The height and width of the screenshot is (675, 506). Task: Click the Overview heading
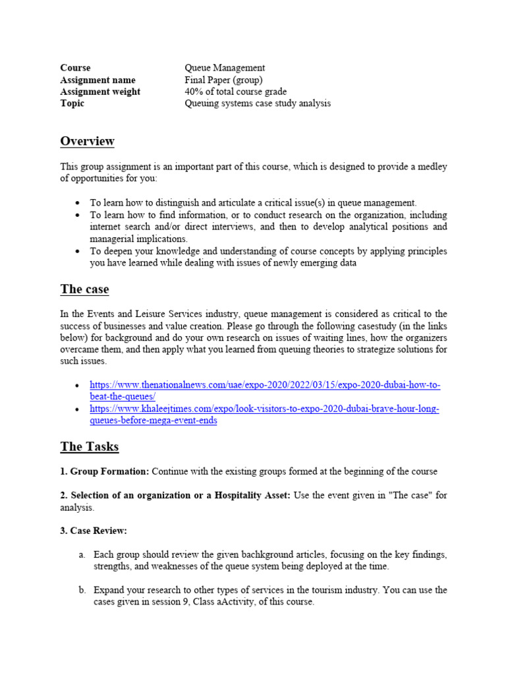pos(87,141)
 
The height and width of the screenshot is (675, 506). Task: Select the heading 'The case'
pos(84,289)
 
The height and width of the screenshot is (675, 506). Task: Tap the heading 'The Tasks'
pos(89,446)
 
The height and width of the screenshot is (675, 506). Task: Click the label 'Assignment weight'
pos(100,92)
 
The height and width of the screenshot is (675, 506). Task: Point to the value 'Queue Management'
pos(225,68)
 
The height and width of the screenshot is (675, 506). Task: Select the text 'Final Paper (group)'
pos(223,80)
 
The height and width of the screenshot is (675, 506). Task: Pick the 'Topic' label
pos(72,103)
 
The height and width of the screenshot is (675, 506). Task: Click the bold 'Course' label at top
pos(75,68)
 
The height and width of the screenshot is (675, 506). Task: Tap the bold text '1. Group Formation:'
pos(105,472)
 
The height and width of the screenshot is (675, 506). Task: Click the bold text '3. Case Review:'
pos(94,531)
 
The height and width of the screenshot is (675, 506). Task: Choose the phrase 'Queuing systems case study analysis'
pos(258,103)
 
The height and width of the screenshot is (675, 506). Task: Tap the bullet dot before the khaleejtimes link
pos(78,409)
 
